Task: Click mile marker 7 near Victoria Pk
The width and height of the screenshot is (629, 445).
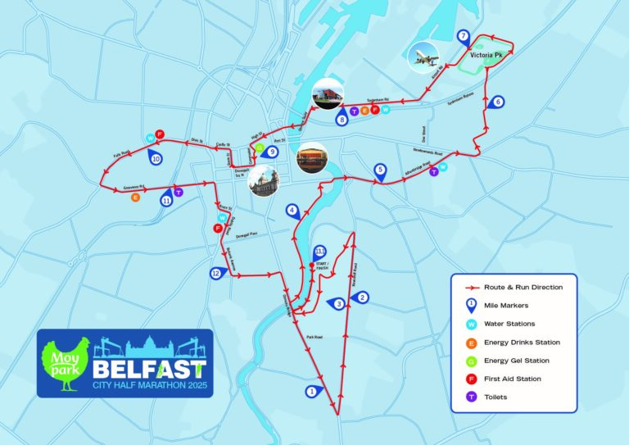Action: click(x=464, y=36)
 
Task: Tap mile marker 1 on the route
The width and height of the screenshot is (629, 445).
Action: click(x=311, y=391)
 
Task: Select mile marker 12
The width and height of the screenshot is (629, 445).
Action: click(x=216, y=273)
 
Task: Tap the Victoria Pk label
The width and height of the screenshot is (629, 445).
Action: click(x=486, y=56)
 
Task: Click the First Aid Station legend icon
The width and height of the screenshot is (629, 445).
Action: click(x=471, y=379)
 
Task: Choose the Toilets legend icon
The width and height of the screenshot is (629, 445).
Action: click(x=471, y=397)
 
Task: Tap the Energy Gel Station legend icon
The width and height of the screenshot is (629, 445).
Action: click(x=471, y=361)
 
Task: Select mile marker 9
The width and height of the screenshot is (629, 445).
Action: click(x=272, y=152)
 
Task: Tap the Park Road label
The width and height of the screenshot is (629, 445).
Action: click(x=313, y=336)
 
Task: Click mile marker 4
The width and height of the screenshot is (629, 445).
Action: click(x=292, y=211)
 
